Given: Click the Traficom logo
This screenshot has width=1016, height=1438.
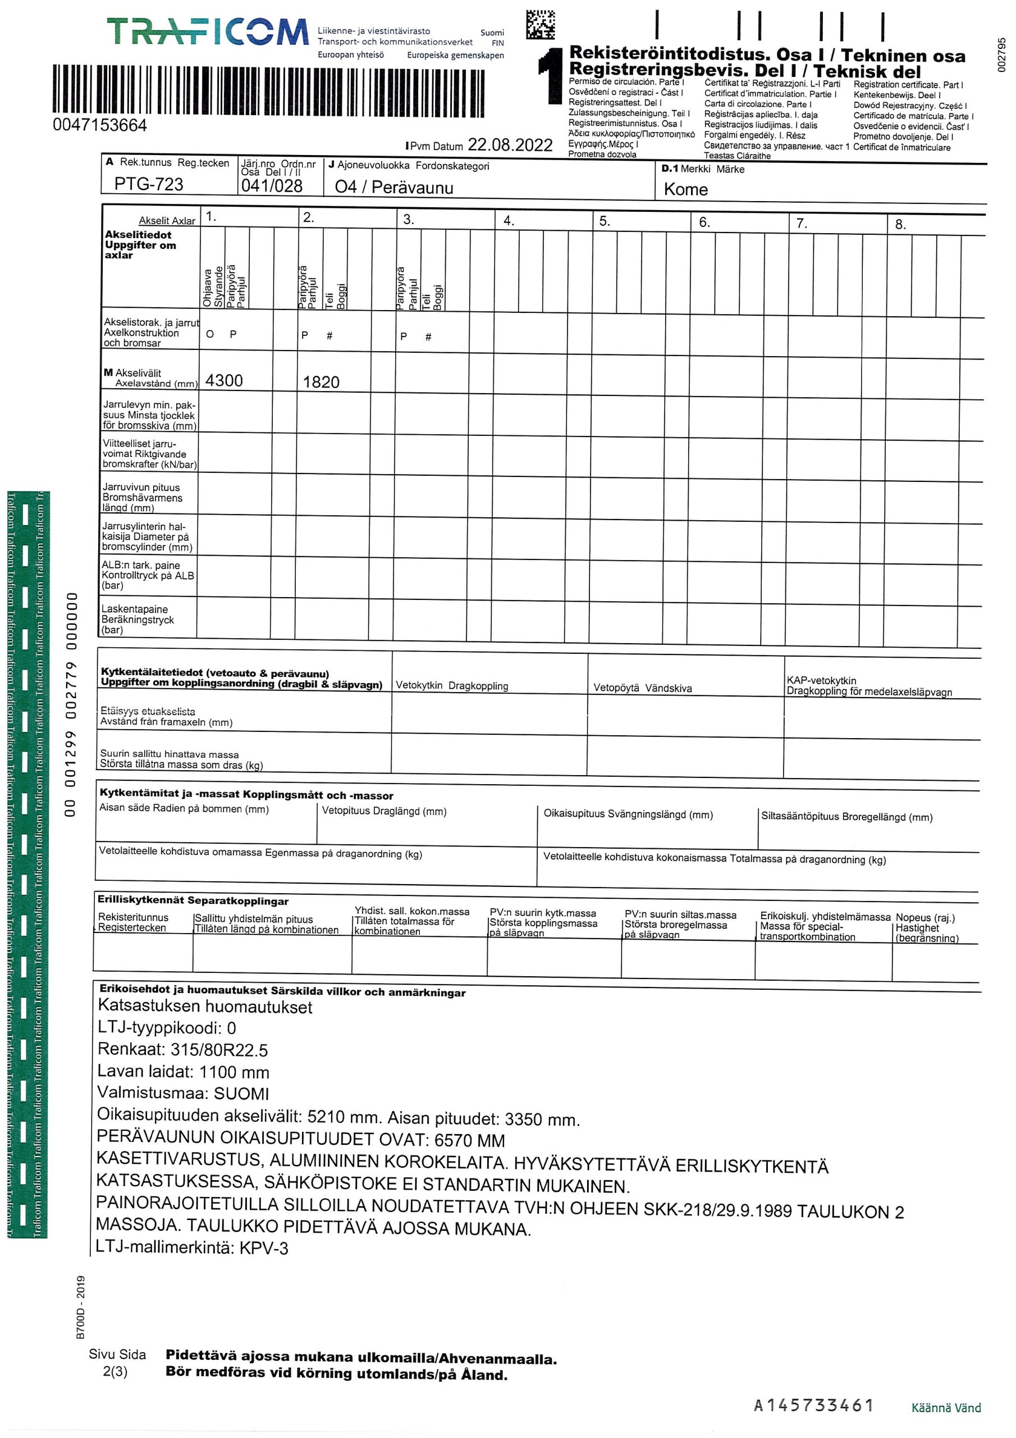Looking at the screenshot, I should [208, 32].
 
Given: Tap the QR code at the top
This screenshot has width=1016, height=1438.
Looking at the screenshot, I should [539, 25].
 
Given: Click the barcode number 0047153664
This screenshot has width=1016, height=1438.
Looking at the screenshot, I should [99, 125].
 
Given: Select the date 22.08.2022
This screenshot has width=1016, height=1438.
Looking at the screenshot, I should [510, 145].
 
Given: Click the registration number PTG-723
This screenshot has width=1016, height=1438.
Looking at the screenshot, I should [149, 184].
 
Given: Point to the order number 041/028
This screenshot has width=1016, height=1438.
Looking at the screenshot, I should [272, 186].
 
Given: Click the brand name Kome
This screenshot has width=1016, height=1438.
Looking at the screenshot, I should [685, 189].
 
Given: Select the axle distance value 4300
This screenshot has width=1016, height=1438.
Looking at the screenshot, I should [224, 380].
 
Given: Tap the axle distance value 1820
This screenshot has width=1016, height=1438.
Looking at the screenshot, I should [321, 382].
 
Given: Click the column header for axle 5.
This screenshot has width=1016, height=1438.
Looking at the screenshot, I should [604, 221].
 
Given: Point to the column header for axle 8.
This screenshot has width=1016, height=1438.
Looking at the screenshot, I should [900, 224].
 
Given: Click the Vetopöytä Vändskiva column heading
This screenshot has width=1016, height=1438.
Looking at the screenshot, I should [642, 688].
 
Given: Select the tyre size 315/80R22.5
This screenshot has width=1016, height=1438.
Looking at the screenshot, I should [219, 1050].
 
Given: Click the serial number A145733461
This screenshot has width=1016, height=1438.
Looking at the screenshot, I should [813, 1405].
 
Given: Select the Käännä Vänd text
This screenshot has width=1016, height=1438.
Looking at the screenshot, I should [946, 1408].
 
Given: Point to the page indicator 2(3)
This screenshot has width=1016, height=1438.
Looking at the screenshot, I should [115, 1371].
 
